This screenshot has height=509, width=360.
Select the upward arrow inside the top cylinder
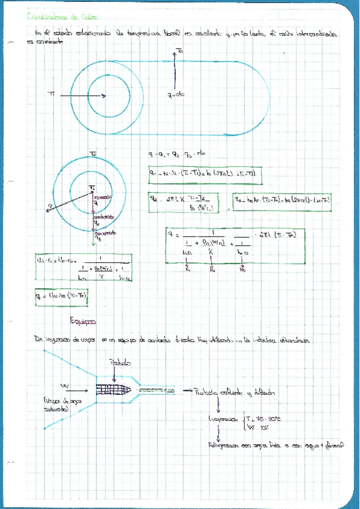175,70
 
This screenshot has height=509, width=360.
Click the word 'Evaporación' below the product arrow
221,420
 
